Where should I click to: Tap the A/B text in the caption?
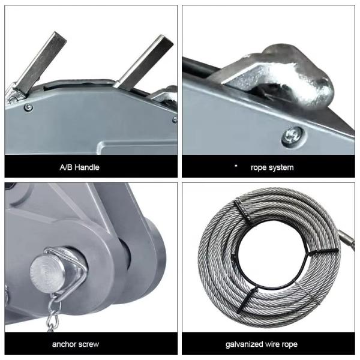click(66, 167)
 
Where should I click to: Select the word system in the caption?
click(282, 167)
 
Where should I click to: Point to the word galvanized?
click(244, 344)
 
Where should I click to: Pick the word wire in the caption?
click(272, 344)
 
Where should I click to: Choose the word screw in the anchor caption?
click(88, 344)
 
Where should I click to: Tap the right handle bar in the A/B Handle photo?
click(143, 62)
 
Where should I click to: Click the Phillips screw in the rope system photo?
click(292, 137)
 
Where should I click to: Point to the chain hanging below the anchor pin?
click(53, 313)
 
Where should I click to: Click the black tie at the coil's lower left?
click(247, 299)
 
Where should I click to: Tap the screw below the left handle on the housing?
click(28, 107)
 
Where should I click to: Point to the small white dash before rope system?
click(236, 166)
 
